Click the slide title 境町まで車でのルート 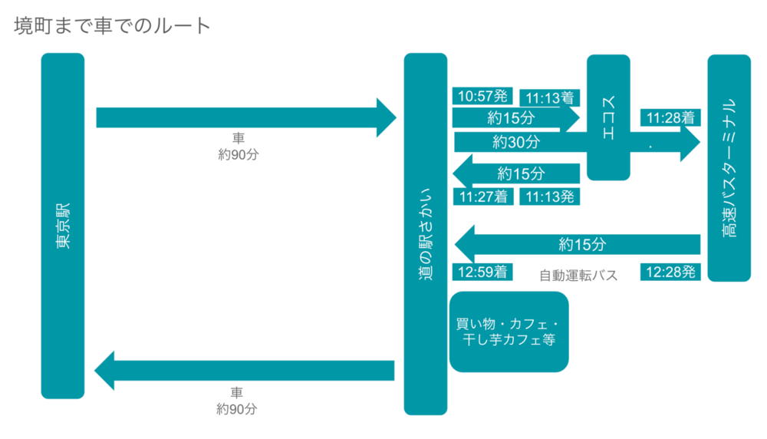click(x=112, y=25)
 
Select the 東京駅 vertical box click(x=62, y=226)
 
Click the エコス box click(x=608, y=117)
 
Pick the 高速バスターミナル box click(x=729, y=167)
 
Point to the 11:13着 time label click(x=550, y=98)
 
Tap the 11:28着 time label click(x=670, y=118)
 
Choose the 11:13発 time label click(x=550, y=196)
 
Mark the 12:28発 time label click(x=670, y=272)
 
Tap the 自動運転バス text click(x=578, y=275)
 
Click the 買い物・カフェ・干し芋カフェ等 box click(x=509, y=332)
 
